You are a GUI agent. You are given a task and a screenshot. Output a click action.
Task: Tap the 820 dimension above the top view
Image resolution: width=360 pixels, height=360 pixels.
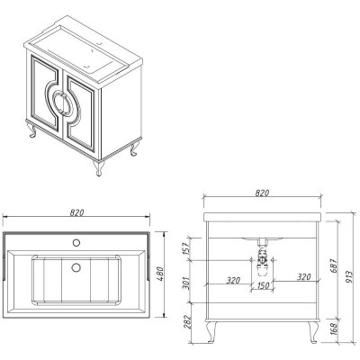[76, 212]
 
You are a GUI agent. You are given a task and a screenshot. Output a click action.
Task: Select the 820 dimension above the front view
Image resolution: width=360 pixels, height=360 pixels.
[262, 193]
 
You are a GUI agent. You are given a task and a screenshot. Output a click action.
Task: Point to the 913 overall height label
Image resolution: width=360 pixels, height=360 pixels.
[348, 278]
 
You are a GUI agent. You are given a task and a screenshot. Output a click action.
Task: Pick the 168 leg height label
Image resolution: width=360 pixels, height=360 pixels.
[334, 328]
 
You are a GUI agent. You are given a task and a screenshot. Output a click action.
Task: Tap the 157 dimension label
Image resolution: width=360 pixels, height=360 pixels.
[185, 248]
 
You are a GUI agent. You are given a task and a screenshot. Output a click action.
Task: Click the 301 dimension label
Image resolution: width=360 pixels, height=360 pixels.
[185, 283]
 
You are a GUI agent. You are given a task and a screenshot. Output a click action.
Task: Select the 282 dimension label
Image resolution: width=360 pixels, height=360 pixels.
[185, 322]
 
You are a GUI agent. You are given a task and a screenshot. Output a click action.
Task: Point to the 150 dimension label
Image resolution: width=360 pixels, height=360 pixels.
[263, 285]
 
